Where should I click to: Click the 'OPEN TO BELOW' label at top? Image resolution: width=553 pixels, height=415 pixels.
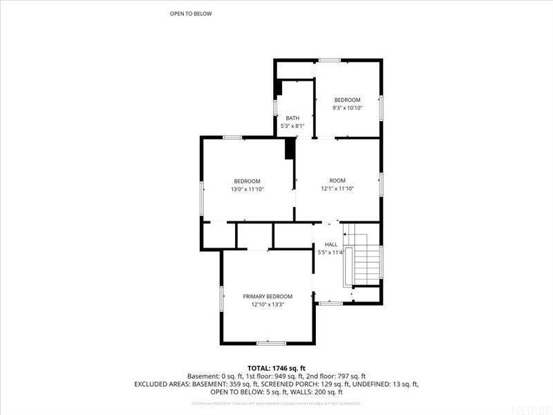[191, 14]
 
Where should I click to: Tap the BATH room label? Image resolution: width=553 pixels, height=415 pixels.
[292, 118]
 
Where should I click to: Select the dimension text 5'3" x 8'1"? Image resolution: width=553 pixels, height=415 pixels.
[292, 126]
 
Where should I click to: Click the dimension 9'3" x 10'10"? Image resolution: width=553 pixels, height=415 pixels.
[348, 108]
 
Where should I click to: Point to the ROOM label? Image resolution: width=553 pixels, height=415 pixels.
[337, 181]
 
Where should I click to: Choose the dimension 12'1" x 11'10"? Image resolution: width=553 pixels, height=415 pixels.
[337, 189]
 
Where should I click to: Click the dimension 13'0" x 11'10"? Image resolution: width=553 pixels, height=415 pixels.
[247, 189]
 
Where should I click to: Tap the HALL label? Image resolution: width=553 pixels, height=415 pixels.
[330, 244]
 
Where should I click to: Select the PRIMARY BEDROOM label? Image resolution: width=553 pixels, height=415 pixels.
[267, 296]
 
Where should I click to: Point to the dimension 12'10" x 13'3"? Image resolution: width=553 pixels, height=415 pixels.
[267, 304]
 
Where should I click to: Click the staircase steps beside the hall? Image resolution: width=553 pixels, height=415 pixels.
[367, 261]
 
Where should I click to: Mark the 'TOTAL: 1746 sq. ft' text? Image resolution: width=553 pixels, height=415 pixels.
[276, 367]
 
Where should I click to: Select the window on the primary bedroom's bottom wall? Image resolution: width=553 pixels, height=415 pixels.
[271, 342]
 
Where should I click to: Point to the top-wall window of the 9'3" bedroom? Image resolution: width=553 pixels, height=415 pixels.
[329, 61]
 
